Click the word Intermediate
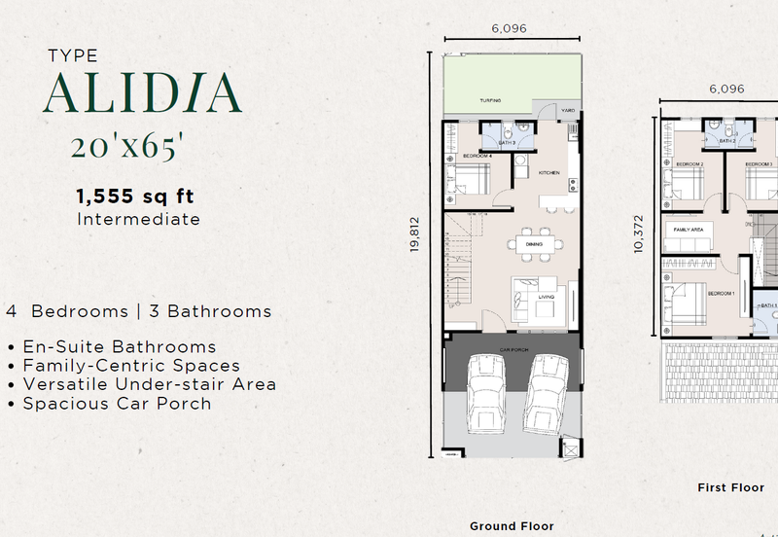138,219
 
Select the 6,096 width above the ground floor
509,29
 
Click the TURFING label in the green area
489,100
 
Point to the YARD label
567,111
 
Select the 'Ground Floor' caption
512,525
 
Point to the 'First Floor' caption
730,487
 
